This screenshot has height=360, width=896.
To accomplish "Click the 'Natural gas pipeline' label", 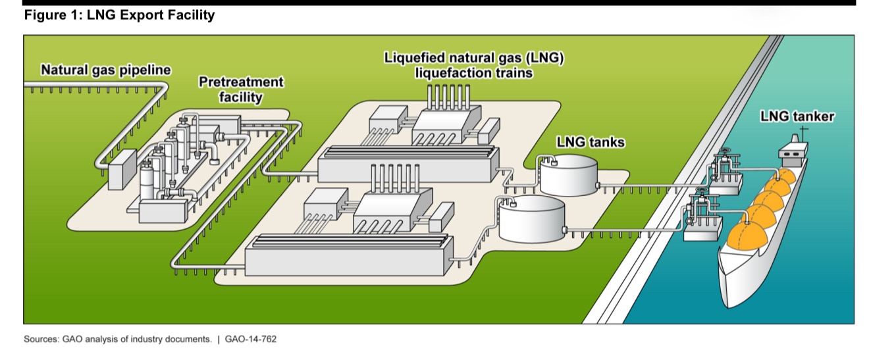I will pyautogui.click(x=105, y=70).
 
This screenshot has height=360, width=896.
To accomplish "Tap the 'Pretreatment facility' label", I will pyautogui.click(x=241, y=90).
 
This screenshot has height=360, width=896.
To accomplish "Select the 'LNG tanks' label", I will pyautogui.click(x=590, y=141).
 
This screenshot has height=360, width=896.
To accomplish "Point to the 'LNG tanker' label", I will pyautogui.click(x=797, y=116).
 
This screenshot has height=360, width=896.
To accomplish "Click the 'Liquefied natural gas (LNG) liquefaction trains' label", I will pyautogui.click(x=474, y=64).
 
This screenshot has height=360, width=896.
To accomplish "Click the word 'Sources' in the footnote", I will pyautogui.click(x=40, y=340).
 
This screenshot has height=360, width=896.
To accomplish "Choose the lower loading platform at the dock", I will pyautogui.click(x=702, y=220).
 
